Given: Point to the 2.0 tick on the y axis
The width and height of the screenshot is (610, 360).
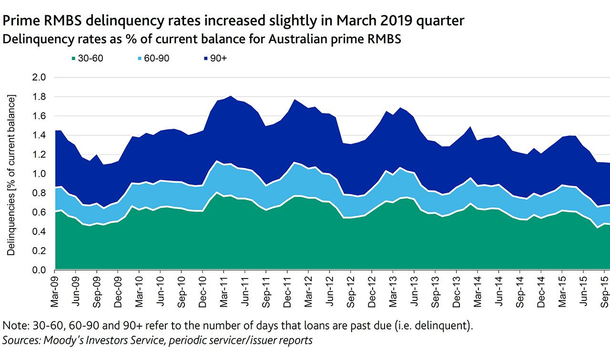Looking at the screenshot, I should point(39,77).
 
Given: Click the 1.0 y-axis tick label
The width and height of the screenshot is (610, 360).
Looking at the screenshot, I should point(39,174).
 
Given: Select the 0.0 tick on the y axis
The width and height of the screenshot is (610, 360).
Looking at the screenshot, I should point(39,270).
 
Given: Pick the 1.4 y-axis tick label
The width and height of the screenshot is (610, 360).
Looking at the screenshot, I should point(39,135).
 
